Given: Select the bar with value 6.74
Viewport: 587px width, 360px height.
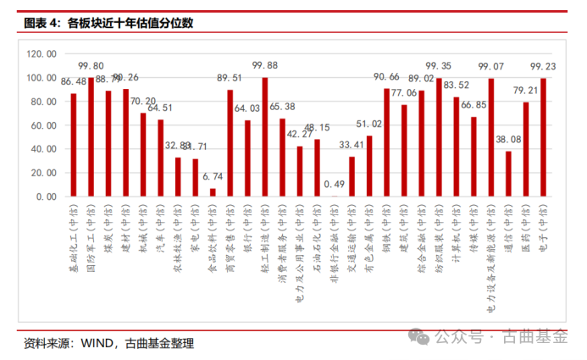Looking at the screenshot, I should (213, 192).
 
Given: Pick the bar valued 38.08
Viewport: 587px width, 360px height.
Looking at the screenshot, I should (508, 174).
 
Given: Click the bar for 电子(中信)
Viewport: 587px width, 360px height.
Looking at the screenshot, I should (543, 137).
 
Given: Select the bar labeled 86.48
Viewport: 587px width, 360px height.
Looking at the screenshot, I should (74, 145).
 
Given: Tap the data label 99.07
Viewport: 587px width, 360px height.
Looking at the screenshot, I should (491, 66).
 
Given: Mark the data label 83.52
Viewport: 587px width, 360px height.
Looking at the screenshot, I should (457, 85).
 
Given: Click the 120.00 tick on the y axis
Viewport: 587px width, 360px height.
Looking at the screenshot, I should (42, 53).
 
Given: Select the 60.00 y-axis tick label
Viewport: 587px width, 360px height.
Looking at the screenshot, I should (43, 125).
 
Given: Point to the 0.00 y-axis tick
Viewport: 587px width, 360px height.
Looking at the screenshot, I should (46, 197).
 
